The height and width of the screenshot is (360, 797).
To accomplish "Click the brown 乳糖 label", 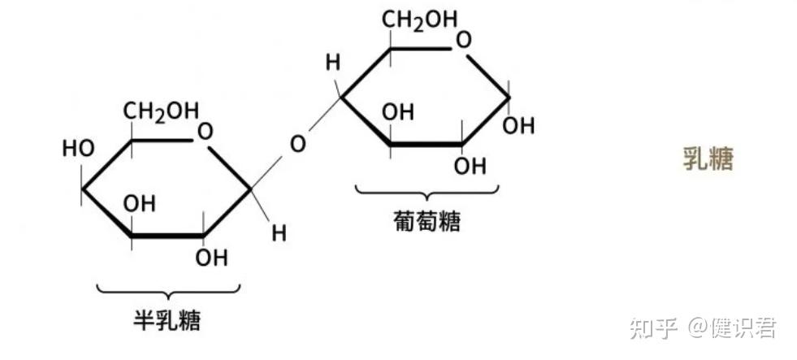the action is click(x=708, y=159).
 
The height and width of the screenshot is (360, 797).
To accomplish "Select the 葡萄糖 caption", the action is click(x=427, y=220).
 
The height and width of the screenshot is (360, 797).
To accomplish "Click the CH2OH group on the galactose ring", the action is click(x=161, y=111).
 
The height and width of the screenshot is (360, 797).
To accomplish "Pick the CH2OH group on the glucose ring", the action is click(x=421, y=20).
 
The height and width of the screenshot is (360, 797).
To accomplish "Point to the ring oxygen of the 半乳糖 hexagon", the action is click(x=206, y=131).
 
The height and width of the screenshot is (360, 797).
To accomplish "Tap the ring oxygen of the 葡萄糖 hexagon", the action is click(x=464, y=40).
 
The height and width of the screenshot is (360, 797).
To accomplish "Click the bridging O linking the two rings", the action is click(x=298, y=145).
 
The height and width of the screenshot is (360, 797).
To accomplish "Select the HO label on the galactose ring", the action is click(x=78, y=149).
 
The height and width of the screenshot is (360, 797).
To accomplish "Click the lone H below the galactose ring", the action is click(x=279, y=233).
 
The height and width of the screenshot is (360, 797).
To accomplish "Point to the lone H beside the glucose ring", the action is click(x=331, y=62).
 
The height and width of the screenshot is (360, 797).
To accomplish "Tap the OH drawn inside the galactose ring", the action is click(x=139, y=203).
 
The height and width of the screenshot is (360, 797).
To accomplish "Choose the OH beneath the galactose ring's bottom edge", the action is click(x=211, y=258).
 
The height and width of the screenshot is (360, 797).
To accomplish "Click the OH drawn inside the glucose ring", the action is click(x=397, y=112).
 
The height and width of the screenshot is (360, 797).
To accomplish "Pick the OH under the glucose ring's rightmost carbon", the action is click(x=518, y=126).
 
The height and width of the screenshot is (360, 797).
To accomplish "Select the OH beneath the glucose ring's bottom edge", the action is click(x=470, y=166).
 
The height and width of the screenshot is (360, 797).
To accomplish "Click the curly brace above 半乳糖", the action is click(x=168, y=289).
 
